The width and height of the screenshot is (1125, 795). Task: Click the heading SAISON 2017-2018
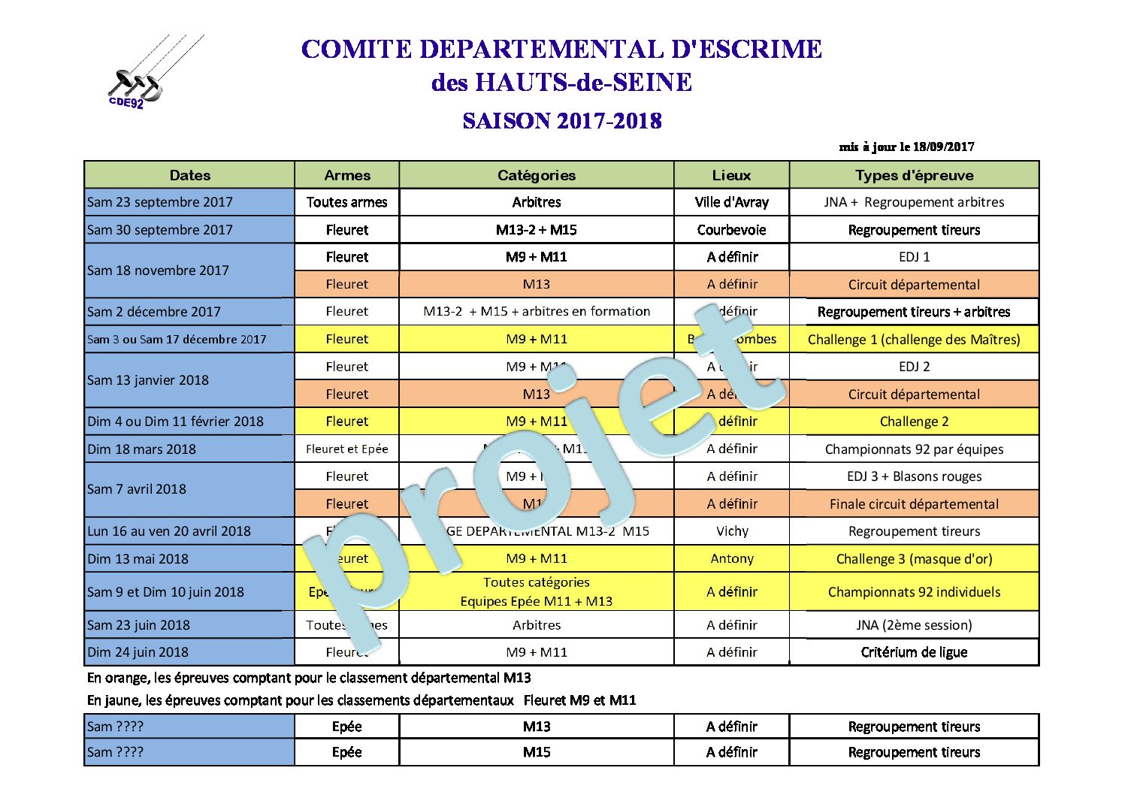[x=561, y=121]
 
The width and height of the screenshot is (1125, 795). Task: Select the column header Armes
[x=347, y=175]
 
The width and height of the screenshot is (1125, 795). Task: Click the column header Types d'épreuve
[x=914, y=175]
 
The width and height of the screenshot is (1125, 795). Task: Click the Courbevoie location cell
[x=731, y=230]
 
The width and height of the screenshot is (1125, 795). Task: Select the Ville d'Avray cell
[x=731, y=202]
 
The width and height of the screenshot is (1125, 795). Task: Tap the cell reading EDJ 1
[x=914, y=257]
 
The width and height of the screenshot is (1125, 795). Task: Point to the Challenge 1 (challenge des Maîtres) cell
[x=914, y=340]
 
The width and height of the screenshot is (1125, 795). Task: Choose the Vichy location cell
[x=732, y=531]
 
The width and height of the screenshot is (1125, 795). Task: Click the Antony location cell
[x=732, y=559]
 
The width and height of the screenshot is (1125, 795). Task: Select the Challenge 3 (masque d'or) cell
[x=914, y=559]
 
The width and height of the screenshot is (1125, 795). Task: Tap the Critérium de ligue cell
[x=914, y=652]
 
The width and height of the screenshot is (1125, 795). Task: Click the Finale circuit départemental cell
[x=914, y=504]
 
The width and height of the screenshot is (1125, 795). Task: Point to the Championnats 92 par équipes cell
[x=914, y=449]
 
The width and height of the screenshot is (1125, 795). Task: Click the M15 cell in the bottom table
[x=537, y=752]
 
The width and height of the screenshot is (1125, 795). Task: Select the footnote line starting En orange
[x=309, y=678]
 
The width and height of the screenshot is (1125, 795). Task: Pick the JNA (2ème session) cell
[x=914, y=625]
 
